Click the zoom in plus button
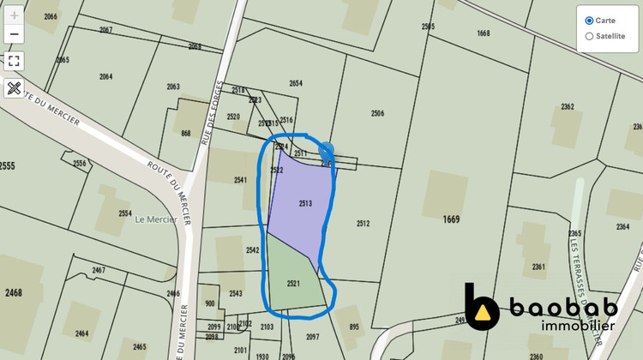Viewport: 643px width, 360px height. pos(14,15)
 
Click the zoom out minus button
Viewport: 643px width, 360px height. pos(14,34)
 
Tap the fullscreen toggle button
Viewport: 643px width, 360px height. pos(14,61)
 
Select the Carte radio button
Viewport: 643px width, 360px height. pos(589,21)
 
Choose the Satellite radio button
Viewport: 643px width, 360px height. pos(589,36)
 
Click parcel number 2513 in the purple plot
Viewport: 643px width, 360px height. pos(305,203)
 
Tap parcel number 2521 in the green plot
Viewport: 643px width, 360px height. pos(293,283)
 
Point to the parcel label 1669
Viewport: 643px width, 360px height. pos(452,219)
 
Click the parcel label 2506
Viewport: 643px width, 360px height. pos(377,113)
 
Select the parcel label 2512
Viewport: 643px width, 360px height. pos(363,224)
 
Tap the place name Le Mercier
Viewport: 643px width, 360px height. pos(156,219)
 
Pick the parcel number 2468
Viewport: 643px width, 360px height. pos(12,293)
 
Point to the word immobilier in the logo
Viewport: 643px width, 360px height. pos(579,326)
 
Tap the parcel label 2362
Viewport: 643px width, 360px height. pos(567,107)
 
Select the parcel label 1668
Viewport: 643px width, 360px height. pos(484,33)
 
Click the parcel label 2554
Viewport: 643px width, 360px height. pos(125,213)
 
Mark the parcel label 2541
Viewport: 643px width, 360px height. pos(240,180)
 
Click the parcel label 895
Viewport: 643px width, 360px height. pos(354,327)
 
